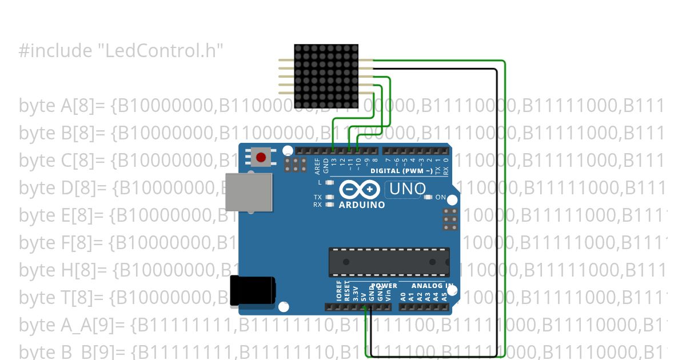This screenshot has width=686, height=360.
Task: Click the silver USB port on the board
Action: [x=249, y=192]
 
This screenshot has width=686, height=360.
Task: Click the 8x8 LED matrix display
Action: [x=326, y=77]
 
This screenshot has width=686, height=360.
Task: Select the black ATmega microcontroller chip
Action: [x=389, y=262]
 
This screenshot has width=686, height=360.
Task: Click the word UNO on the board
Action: [x=407, y=189]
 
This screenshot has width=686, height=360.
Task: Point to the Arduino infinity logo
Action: [x=359, y=189]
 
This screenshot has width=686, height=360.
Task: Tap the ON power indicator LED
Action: [x=428, y=197]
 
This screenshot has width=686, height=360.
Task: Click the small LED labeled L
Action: [x=329, y=183]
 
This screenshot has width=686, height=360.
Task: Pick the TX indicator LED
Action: [x=329, y=197]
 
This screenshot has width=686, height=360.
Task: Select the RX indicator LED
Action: [x=329, y=204]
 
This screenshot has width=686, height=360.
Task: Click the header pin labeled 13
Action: [x=334, y=150]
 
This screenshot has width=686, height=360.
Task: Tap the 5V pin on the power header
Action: [x=364, y=307]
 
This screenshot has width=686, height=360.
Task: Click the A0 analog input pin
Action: [x=403, y=307]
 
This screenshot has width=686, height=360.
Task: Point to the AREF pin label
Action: [x=318, y=165]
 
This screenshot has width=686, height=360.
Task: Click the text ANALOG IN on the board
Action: [x=433, y=286]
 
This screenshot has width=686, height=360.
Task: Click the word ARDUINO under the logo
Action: [x=362, y=205]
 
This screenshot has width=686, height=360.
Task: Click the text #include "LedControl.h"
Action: [x=121, y=51]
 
